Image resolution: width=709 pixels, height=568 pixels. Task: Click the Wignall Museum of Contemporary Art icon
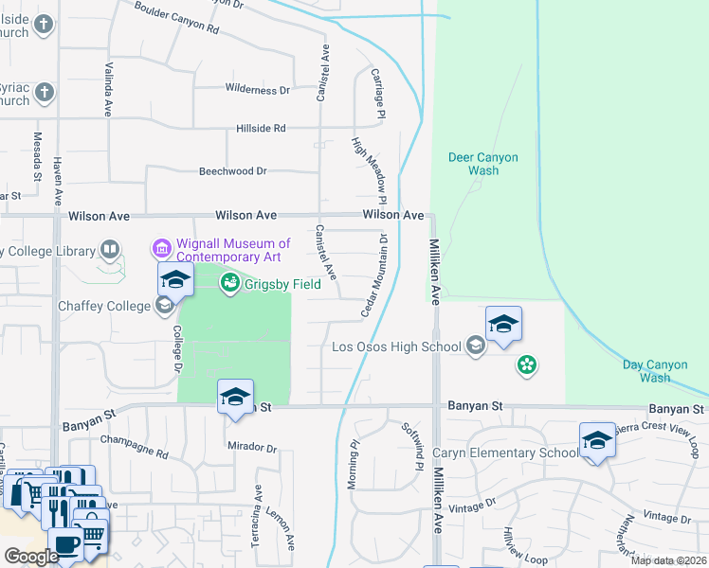(x=161, y=250)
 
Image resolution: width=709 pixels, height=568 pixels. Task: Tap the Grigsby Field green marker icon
(x=229, y=283)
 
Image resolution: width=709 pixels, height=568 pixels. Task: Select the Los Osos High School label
(x=396, y=346)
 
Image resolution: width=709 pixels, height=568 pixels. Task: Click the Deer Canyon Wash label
(x=484, y=164)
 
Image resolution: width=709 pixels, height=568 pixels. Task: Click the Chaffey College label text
(x=104, y=306)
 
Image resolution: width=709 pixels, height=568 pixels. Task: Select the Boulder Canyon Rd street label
(x=176, y=19)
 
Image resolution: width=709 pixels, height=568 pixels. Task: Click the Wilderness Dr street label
(x=257, y=90)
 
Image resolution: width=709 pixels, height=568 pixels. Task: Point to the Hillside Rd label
(x=261, y=128)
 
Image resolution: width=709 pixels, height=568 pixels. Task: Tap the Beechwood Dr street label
(x=233, y=171)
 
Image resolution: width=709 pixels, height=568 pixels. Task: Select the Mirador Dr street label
(x=252, y=447)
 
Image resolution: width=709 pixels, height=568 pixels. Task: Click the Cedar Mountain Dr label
(x=375, y=275)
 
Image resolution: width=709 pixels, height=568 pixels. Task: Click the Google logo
(x=30, y=557)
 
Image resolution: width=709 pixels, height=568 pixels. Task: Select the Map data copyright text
(x=668, y=560)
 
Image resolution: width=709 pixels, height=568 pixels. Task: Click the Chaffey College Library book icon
(x=111, y=251)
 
